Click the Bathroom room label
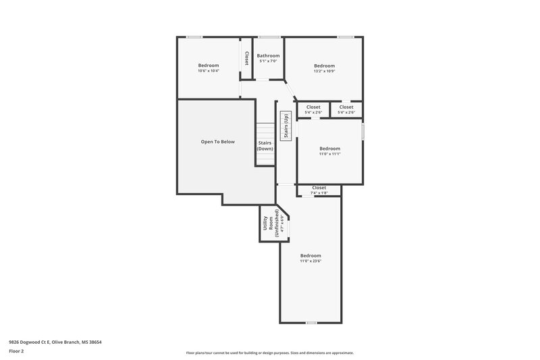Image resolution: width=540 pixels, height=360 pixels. tap(268, 56)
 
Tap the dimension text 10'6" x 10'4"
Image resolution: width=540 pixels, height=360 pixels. tap(209, 71)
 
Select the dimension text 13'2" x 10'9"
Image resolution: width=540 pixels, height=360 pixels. tap(324, 71)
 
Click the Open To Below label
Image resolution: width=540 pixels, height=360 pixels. tap(217, 142)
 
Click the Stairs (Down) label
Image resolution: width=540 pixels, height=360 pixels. tap(265, 145)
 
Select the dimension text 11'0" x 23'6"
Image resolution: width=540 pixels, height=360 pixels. tap(310, 261)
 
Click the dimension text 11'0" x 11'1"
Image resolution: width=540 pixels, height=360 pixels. tap(329, 153)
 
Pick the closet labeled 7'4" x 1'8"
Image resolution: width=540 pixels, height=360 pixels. tap(319, 190)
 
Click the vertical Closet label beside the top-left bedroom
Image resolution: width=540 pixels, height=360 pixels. tap(246, 58)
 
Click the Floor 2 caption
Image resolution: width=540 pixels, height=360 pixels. tap(17, 352)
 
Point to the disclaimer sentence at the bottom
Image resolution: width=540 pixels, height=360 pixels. tap(269, 353)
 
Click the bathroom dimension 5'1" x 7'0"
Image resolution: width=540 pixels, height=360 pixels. tap(268, 61)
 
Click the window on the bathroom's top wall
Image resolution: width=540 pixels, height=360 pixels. tap(269, 36)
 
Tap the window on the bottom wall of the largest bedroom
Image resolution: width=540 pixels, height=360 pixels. tap(310, 322)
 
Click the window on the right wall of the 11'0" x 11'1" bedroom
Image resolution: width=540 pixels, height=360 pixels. tap(362, 130)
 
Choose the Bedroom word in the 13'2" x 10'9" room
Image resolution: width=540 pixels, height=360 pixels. tap(324, 66)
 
